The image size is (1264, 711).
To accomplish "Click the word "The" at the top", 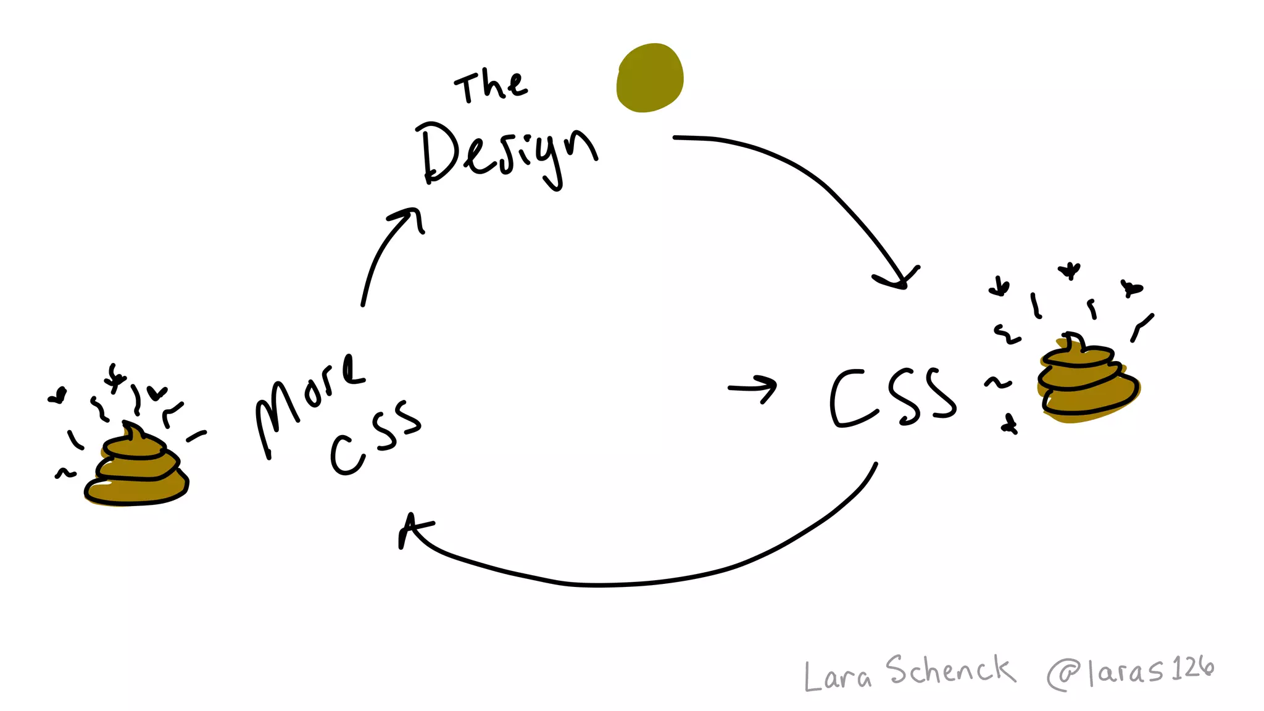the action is [x=491, y=86].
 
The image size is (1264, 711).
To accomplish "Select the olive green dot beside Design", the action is [x=650, y=78].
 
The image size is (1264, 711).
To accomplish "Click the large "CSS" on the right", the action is [x=892, y=398].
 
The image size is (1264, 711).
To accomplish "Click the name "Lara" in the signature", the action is [x=838, y=676].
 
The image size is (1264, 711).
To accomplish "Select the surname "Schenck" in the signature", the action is [x=950, y=671].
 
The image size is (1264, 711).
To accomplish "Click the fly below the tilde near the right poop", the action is [x=1010, y=425].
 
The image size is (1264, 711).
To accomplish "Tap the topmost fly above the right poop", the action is [x=1069, y=270].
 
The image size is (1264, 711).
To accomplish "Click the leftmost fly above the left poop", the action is [x=58, y=395].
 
